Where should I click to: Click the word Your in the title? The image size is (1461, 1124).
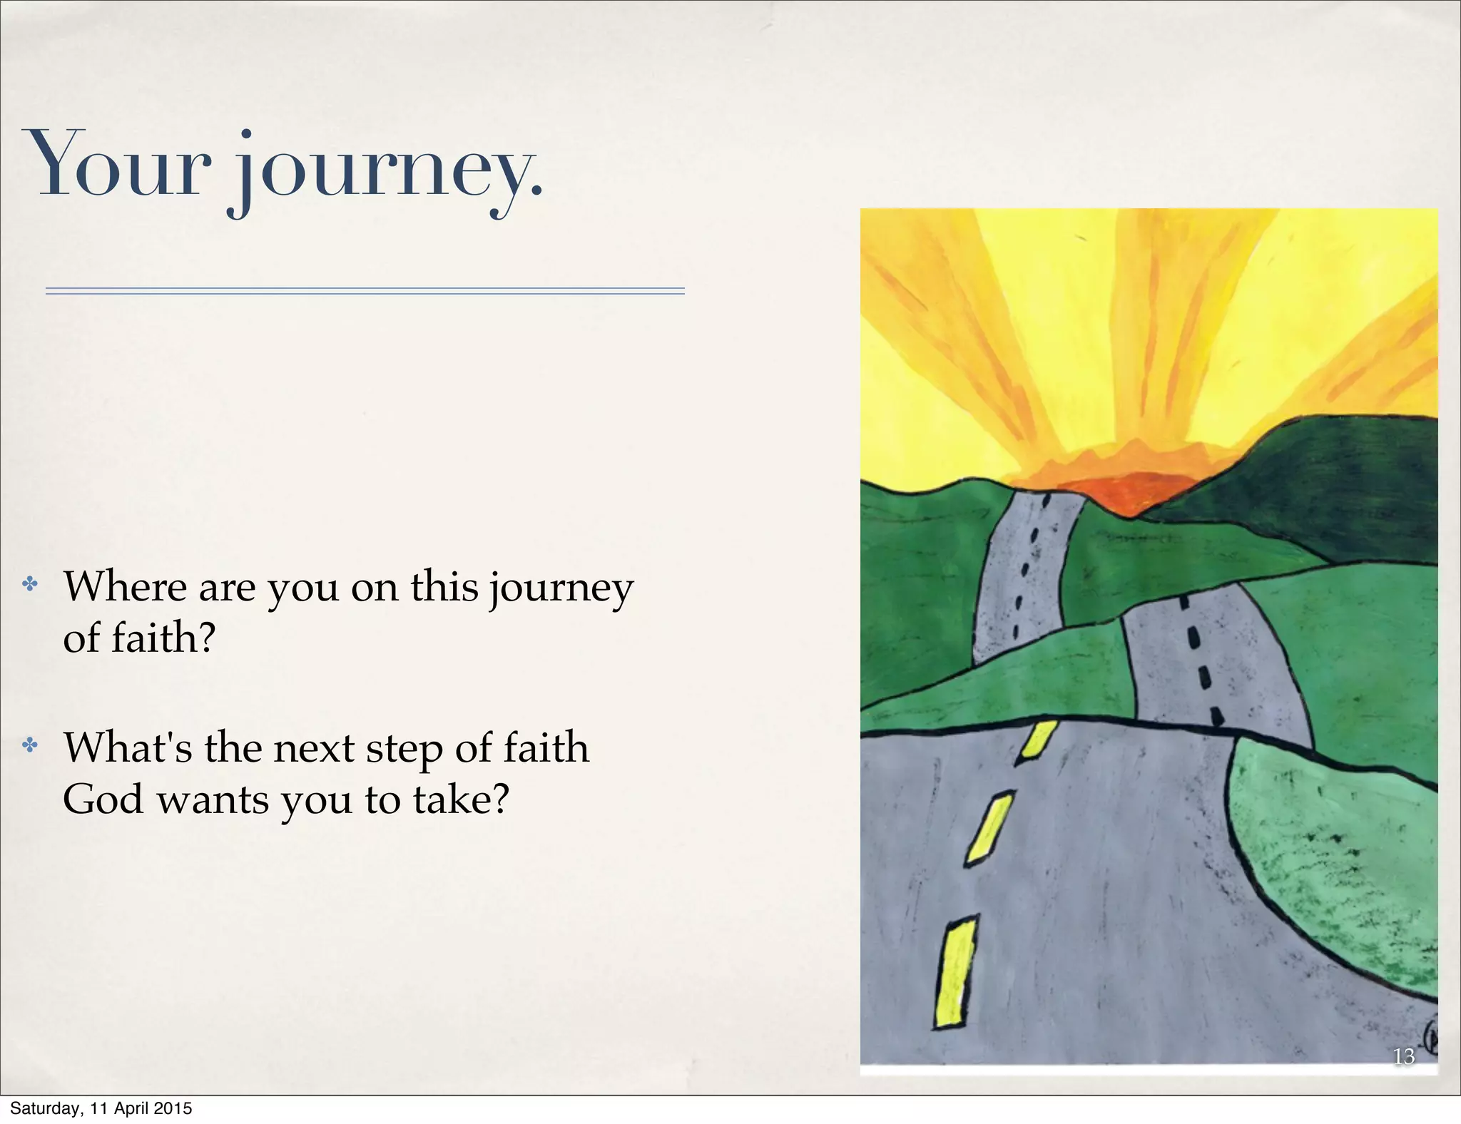(x=118, y=164)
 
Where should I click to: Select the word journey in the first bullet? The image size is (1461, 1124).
(x=561, y=591)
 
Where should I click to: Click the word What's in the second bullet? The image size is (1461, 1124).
(x=128, y=748)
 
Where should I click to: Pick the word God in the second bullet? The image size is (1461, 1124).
(x=103, y=799)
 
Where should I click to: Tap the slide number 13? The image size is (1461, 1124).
(x=1403, y=1056)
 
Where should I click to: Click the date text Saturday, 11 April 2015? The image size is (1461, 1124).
(x=101, y=1108)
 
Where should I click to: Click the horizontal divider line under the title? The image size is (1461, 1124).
(x=365, y=291)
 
